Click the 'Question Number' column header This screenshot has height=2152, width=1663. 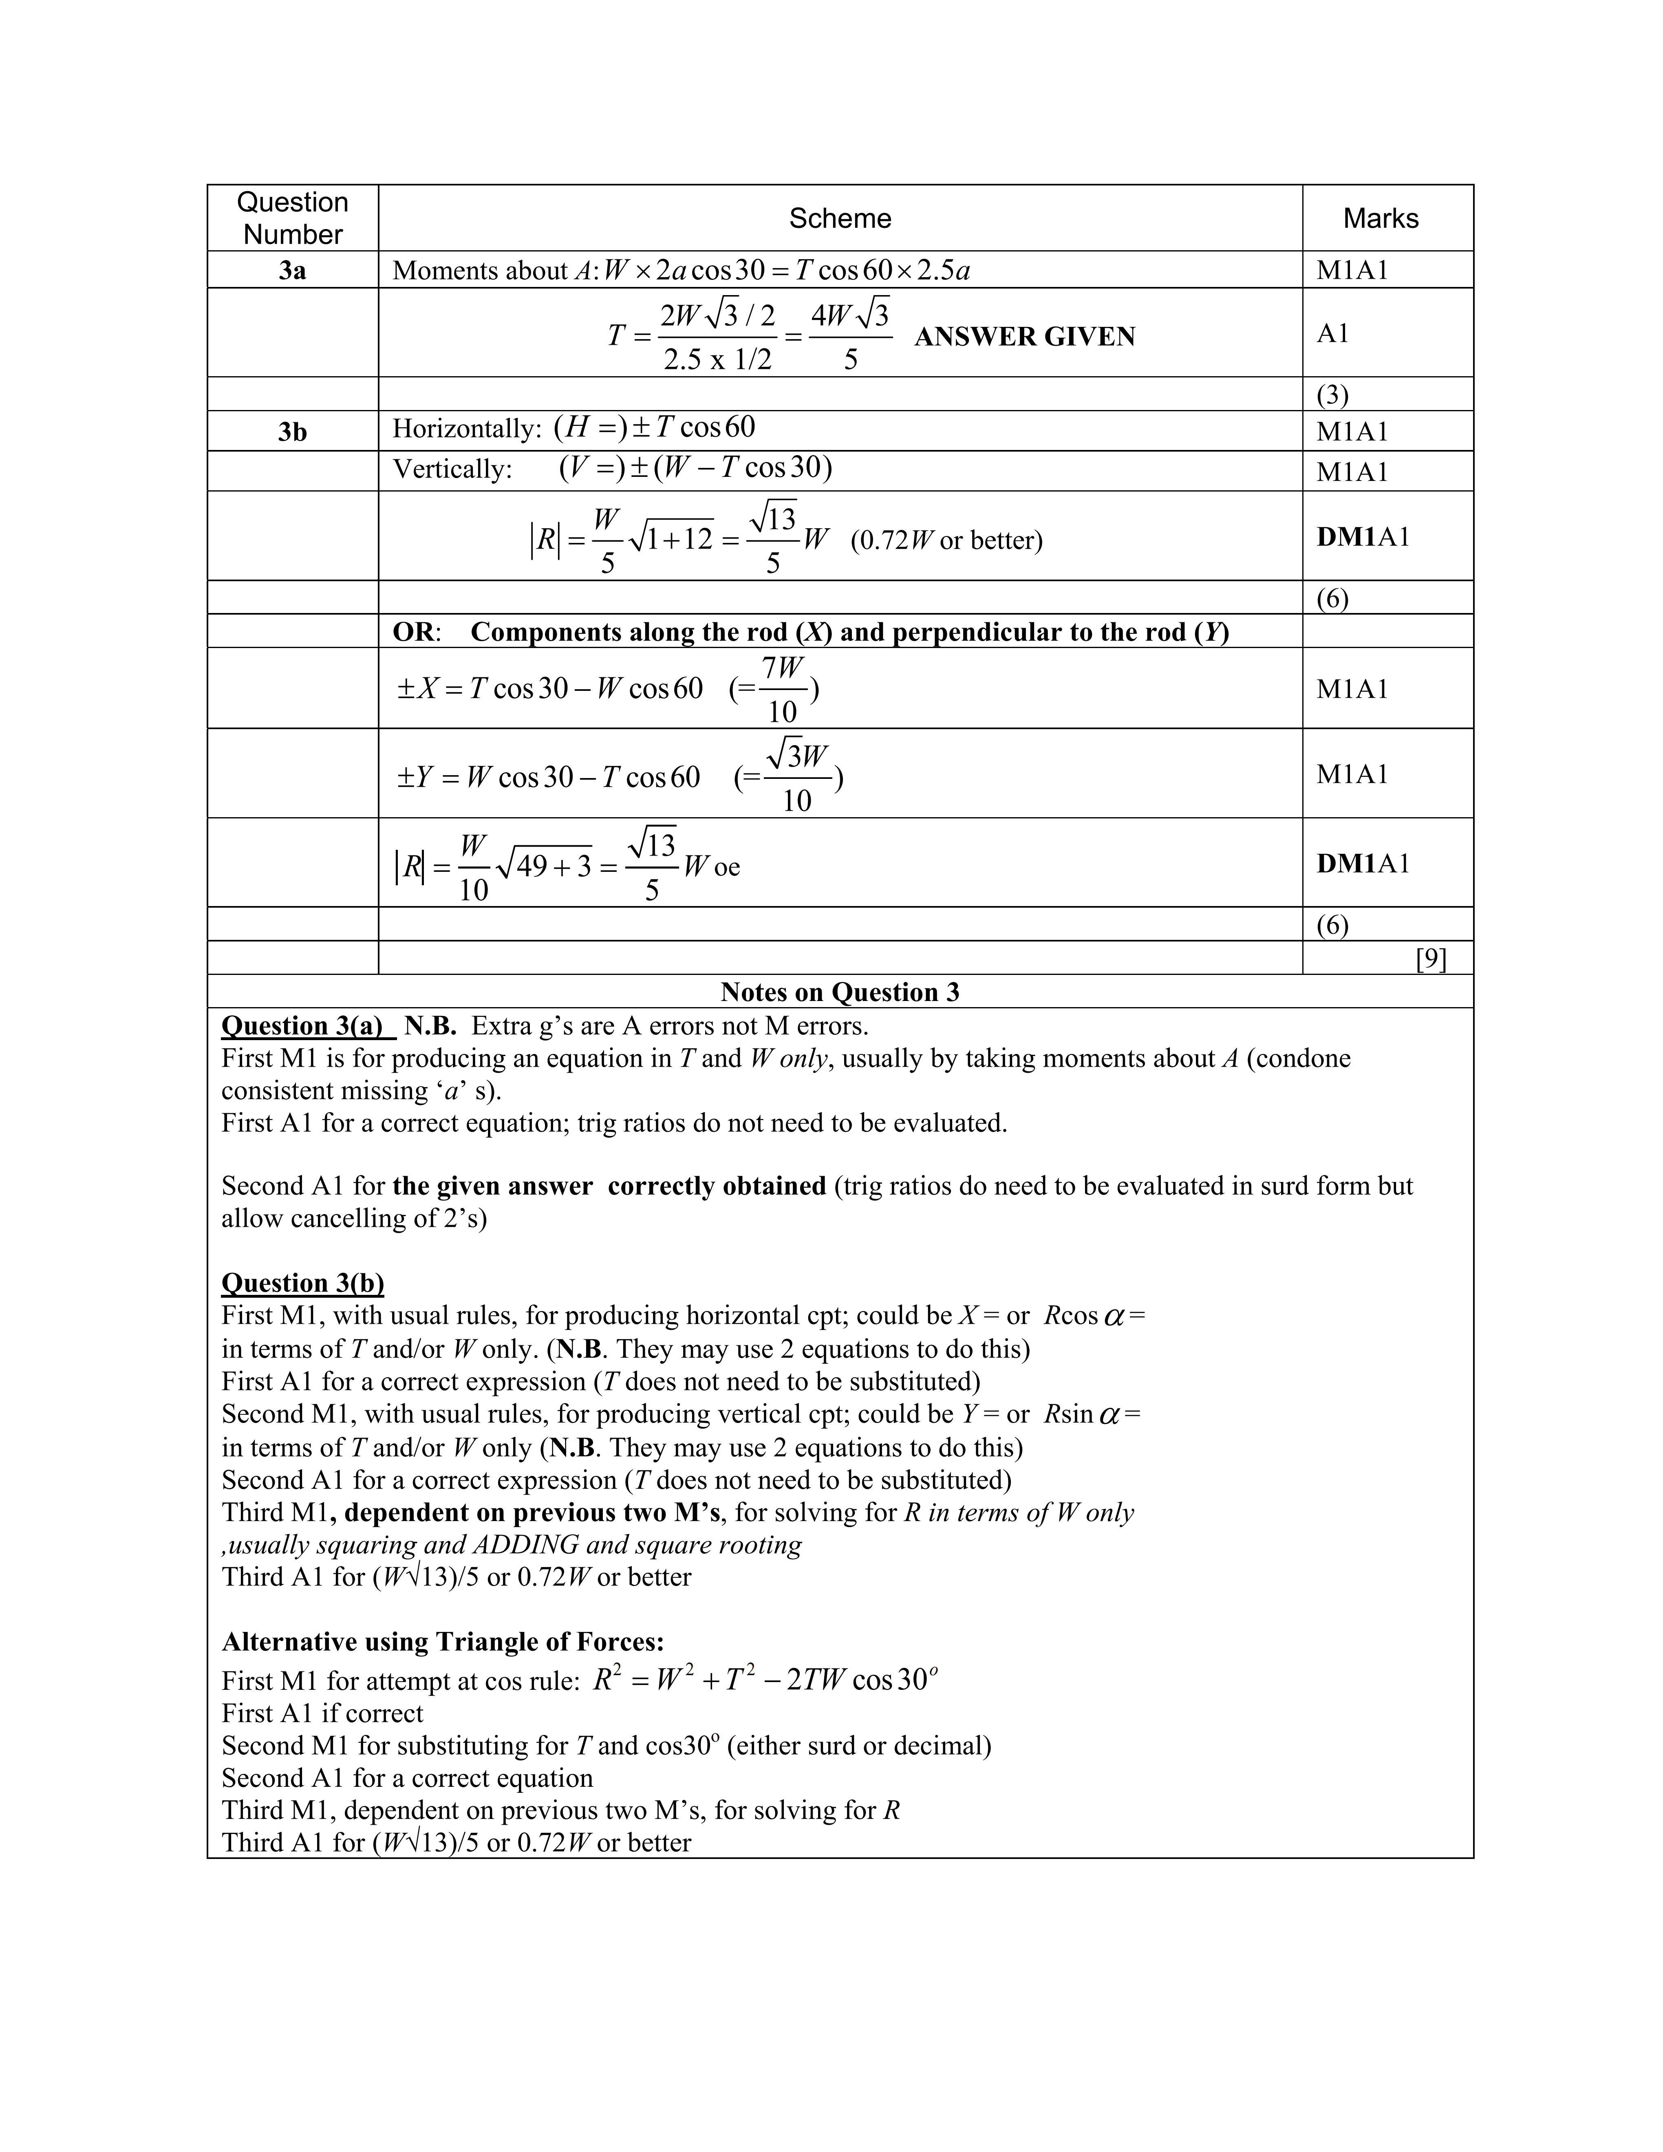293,218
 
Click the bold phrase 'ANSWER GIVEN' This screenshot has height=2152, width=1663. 1025,337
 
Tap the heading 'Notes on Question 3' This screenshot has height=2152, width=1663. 839,992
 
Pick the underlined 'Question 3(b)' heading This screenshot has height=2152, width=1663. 302,1283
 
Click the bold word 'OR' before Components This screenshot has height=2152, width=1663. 413,632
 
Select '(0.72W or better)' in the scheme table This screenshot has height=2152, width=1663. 946,541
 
